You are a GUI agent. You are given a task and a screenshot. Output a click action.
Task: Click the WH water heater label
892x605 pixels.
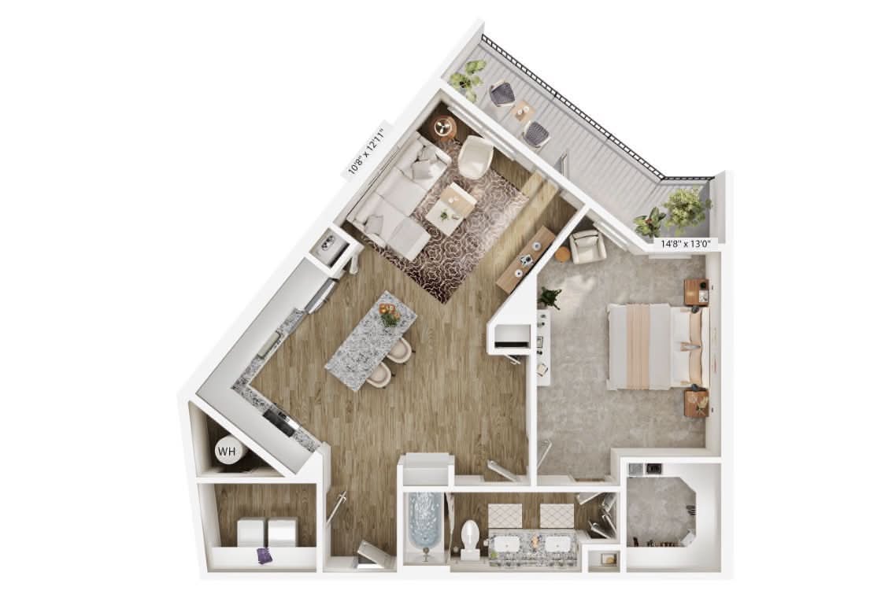(x=227, y=452)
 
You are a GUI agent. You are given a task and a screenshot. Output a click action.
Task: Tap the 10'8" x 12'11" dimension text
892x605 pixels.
(x=367, y=150)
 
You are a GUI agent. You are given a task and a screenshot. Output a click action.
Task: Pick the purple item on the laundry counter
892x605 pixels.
(x=265, y=555)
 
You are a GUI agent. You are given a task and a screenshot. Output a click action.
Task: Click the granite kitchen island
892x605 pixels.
(x=371, y=340)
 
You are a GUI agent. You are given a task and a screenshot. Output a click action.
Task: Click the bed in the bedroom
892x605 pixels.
(x=658, y=346)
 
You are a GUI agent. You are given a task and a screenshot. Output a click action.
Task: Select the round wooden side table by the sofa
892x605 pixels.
(x=446, y=127)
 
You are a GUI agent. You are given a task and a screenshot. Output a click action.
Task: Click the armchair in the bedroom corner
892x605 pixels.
(x=587, y=245)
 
